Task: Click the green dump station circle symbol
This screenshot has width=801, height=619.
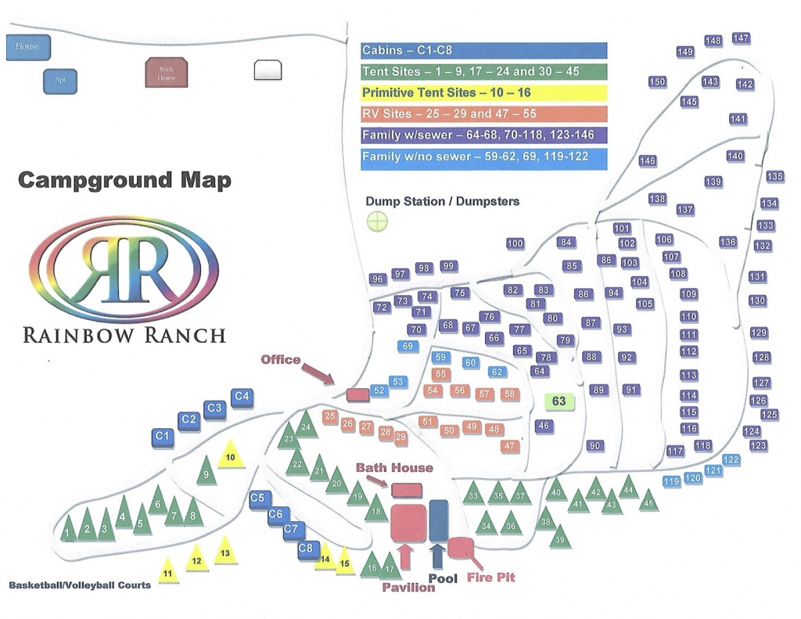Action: (x=378, y=221)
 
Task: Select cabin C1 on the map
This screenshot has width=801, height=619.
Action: (x=163, y=435)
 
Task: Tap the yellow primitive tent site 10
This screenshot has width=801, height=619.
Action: (x=230, y=456)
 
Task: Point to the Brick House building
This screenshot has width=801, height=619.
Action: (x=161, y=74)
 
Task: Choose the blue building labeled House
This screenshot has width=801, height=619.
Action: (x=27, y=47)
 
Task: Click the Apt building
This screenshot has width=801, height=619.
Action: (x=60, y=80)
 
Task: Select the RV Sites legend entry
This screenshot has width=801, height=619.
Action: (x=484, y=113)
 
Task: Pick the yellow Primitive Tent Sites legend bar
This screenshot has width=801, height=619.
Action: (x=484, y=92)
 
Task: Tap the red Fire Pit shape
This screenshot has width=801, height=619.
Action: (x=461, y=548)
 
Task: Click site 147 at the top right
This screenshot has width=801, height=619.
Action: (x=741, y=38)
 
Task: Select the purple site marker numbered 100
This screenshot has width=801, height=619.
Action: (x=515, y=243)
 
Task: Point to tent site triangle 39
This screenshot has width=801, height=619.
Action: (x=560, y=538)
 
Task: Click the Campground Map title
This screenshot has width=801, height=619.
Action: (x=124, y=181)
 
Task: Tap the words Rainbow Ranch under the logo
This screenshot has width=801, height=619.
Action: (x=124, y=335)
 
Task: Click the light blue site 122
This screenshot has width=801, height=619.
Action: (x=731, y=460)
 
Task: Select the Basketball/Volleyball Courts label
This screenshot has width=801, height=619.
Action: (x=80, y=585)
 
